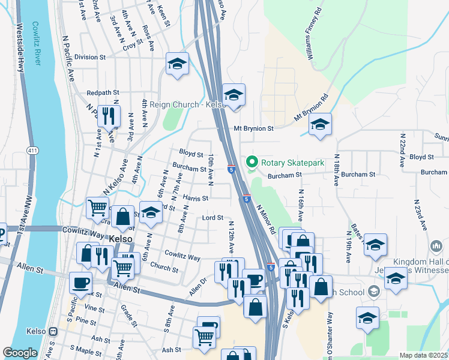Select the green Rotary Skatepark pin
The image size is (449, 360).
(252, 163)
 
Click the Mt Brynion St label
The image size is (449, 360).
(253, 128)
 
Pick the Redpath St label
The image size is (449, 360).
(103, 93)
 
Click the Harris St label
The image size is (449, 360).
(196, 197)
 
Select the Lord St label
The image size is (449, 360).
(212, 217)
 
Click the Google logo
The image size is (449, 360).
(20, 353)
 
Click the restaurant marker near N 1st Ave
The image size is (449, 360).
(109, 115)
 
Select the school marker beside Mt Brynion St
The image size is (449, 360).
(320, 124)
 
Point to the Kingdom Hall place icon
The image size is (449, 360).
(436, 247)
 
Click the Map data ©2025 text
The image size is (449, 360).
(423, 355)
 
